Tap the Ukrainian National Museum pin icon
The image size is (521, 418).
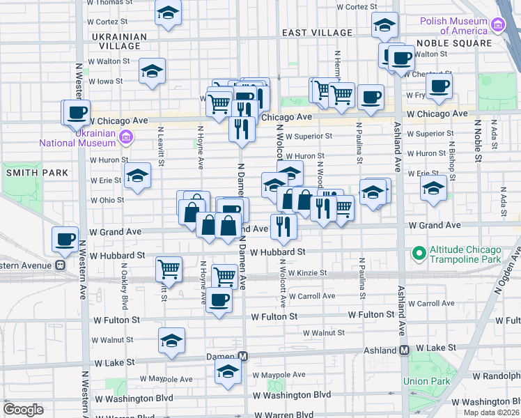[x=125, y=137]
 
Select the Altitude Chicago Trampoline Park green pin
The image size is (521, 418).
[x=419, y=252]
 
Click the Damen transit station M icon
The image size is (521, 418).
[x=242, y=356]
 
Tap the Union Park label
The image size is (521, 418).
[x=423, y=381]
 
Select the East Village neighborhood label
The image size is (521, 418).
[x=317, y=33]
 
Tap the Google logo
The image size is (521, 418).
[x=23, y=410]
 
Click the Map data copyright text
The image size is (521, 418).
[x=494, y=413]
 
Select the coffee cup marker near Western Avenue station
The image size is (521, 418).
[x=65, y=239]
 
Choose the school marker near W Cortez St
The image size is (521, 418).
[x=167, y=13]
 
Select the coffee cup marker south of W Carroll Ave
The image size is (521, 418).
[x=219, y=300]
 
